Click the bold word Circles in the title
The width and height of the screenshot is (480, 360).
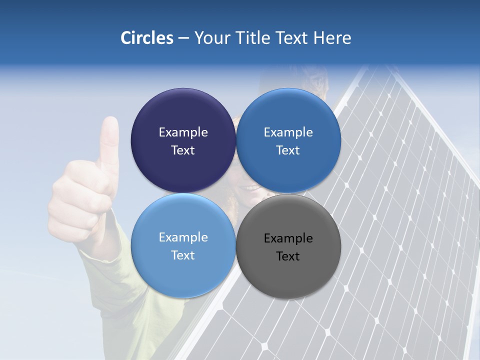click(x=146, y=38)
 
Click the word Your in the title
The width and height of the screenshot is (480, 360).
click(x=211, y=38)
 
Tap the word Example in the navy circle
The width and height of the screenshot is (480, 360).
click(x=183, y=132)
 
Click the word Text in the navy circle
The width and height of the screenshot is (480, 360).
click(x=183, y=150)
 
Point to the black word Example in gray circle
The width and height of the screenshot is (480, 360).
click(x=288, y=238)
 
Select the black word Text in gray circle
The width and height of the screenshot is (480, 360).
click(x=288, y=256)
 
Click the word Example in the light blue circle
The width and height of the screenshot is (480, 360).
click(x=183, y=237)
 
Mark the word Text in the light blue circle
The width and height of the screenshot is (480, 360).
click(x=183, y=255)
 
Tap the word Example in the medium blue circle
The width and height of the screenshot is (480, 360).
click(x=288, y=132)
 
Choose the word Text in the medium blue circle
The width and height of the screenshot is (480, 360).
click(x=288, y=150)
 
